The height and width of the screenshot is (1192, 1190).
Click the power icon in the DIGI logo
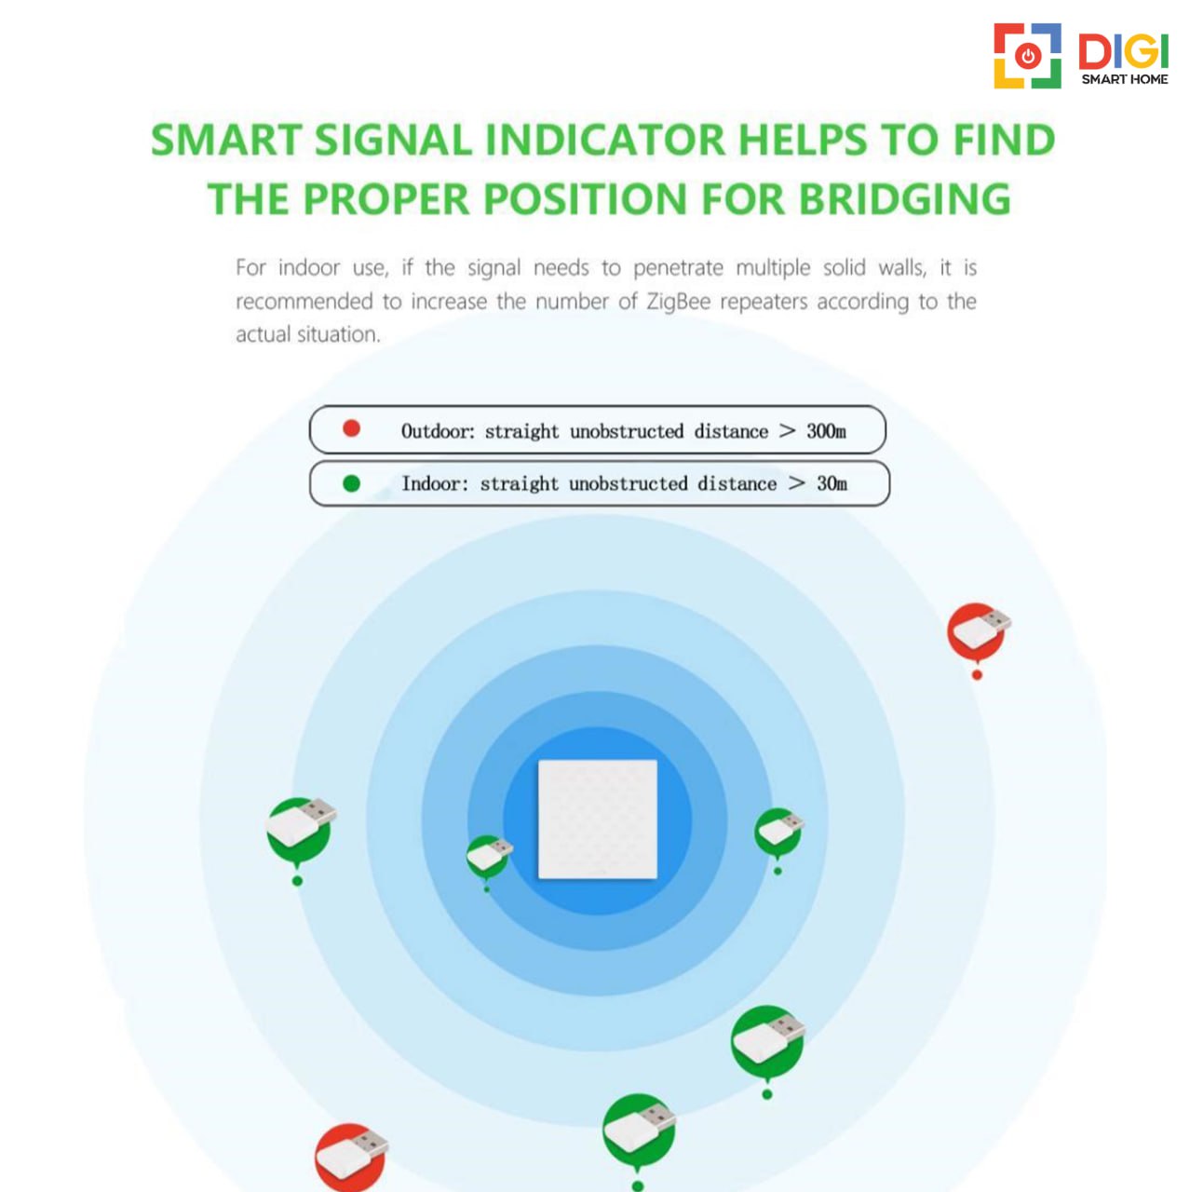1028,56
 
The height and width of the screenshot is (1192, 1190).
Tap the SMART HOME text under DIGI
1125,79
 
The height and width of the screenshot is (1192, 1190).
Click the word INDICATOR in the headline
604,140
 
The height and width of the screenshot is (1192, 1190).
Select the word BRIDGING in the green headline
904,199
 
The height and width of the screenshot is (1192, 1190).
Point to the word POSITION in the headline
585,199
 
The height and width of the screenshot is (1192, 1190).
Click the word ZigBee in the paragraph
678,303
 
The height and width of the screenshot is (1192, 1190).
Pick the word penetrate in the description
678,268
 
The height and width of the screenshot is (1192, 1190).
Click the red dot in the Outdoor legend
351,428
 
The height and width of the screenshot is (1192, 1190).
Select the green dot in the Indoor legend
351,483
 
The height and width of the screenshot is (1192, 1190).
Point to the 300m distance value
826,430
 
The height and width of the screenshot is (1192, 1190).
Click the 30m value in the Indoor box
832,483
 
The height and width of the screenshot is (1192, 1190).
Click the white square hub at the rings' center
598,819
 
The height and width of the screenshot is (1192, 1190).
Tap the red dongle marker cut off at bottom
351,1158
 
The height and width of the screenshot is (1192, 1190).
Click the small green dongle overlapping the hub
489,856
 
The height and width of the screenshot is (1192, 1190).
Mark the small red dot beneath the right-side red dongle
978,675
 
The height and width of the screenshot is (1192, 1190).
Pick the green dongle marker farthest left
300,830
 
